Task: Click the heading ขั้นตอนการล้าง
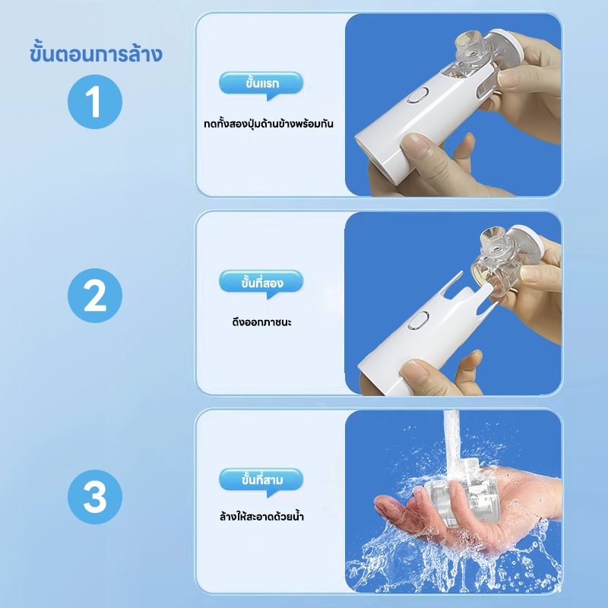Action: click(x=96, y=53)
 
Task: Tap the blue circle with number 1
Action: click(x=94, y=102)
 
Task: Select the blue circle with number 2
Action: click(x=94, y=296)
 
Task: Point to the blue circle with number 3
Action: click(x=94, y=497)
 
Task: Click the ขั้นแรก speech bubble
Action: click(x=261, y=84)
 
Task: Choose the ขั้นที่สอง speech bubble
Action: click(x=261, y=282)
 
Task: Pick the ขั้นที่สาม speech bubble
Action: click(x=261, y=480)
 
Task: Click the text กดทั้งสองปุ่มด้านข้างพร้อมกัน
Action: click(x=269, y=124)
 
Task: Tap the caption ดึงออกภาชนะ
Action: click(x=261, y=322)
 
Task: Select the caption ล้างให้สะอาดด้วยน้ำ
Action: click(x=261, y=517)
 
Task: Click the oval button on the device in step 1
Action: click(x=417, y=95)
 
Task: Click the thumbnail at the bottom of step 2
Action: click(x=416, y=369)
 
